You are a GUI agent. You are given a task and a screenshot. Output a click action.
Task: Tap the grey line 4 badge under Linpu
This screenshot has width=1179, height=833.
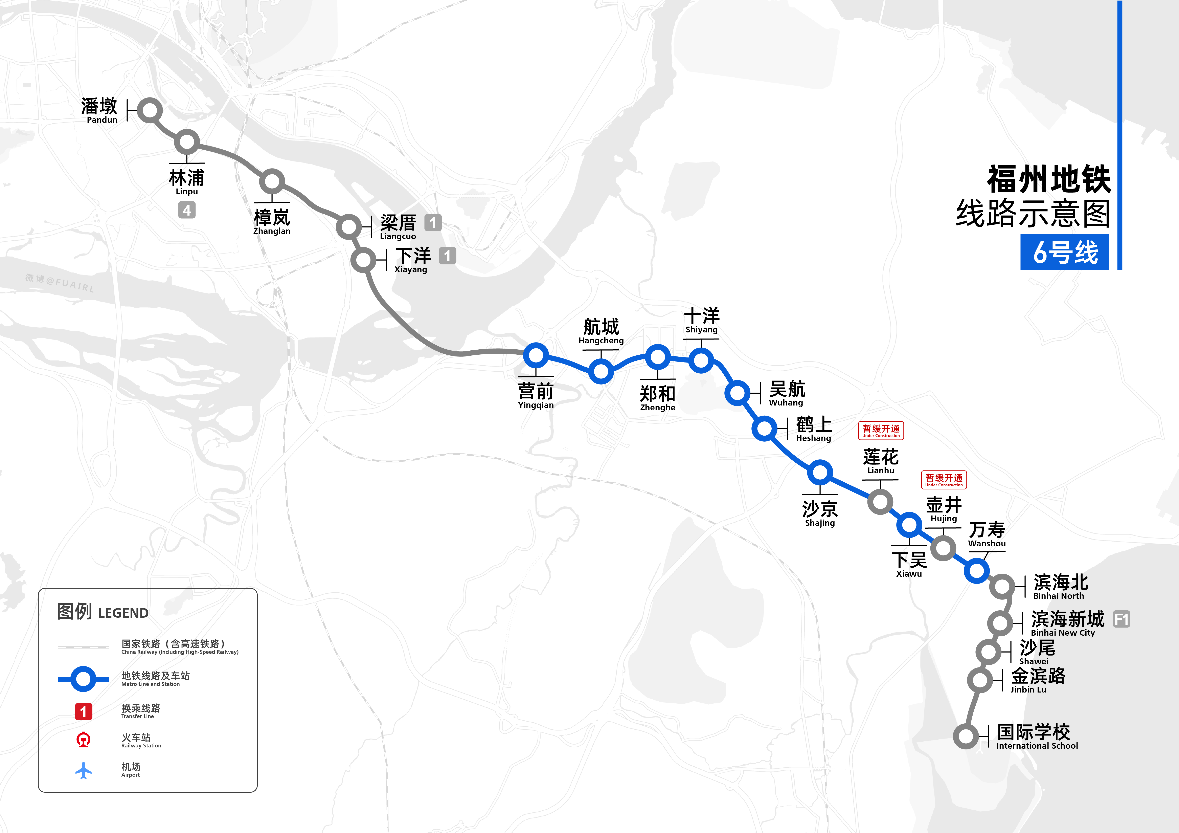point(187,210)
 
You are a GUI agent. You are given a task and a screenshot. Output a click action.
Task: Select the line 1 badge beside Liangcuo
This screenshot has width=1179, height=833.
point(433,223)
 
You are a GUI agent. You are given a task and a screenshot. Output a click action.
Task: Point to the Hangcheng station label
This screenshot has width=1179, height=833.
point(601,331)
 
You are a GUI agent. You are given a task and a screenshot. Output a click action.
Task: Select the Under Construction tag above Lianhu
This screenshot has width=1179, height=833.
point(881,430)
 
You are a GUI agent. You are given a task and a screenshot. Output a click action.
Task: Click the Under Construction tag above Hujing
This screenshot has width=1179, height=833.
point(944,480)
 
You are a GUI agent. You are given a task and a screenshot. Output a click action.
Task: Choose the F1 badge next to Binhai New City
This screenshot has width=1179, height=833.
point(1121,619)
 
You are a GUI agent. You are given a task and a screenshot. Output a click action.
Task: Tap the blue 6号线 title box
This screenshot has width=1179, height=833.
point(1064,252)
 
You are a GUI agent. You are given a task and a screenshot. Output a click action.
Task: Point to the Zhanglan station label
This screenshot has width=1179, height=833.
point(272,222)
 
